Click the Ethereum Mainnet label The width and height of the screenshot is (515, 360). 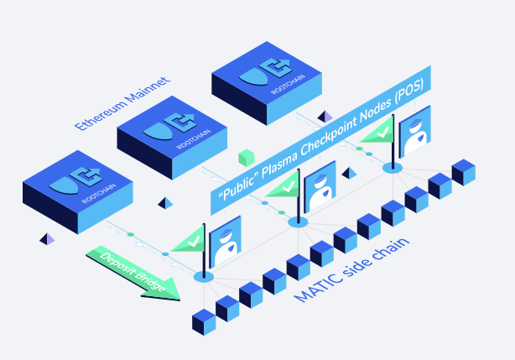pos(122,103)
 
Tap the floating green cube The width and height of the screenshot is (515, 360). pos(246,157)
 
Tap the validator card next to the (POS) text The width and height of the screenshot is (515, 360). pos(415,131)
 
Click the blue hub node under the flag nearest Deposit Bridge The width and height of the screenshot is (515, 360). pos(203,275)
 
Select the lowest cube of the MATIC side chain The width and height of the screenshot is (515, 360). pos(204,321)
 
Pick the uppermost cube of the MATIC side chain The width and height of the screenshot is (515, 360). pos(464,173)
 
